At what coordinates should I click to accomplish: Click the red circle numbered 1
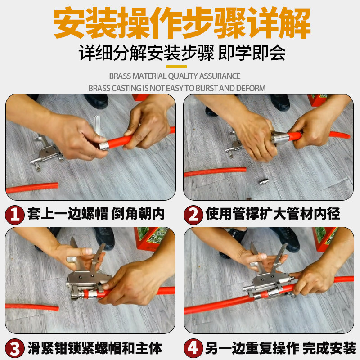pyautogui.click(x=15, y=215)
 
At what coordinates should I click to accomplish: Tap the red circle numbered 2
pyautogui.click(x=193, y=215)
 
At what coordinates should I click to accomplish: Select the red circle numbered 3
pyautogui.click(x=15, y=348)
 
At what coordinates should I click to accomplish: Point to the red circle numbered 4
pyautogui.click(x=193, y=348)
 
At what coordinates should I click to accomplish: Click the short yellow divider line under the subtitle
pyautogui.click(x=176, y=67)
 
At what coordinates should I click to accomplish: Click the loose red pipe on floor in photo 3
pyautogui.click(x=32, y=307)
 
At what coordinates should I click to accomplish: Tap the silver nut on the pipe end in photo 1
pyautogui.click(x=103, y=145)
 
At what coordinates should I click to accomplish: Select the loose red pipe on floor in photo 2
pyautogui.click(x=215, y=172)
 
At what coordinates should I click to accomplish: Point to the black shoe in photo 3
pyautogui.click(x=105, y=238)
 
